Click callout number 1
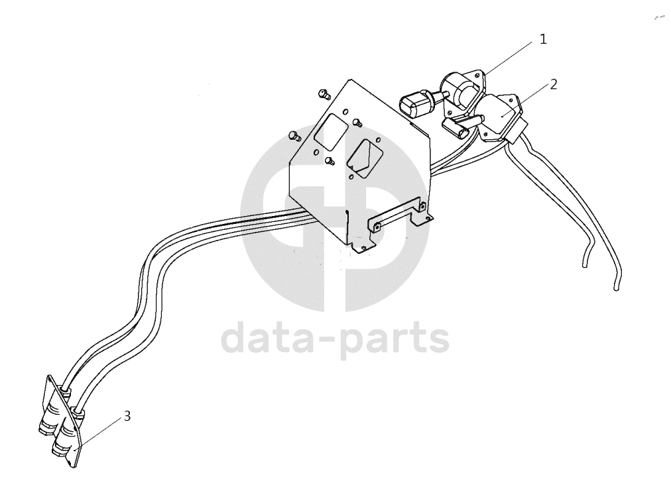click(543, 39)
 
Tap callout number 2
click(554, 85)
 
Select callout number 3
click(127, 415)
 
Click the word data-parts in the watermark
click(335, 338)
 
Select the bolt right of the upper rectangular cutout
click(357, 123)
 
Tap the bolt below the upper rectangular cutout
click(330, 161)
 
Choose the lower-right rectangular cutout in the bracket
click(361, 158)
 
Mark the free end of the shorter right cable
click(585, 266)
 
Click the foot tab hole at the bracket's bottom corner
click(363, 248)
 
